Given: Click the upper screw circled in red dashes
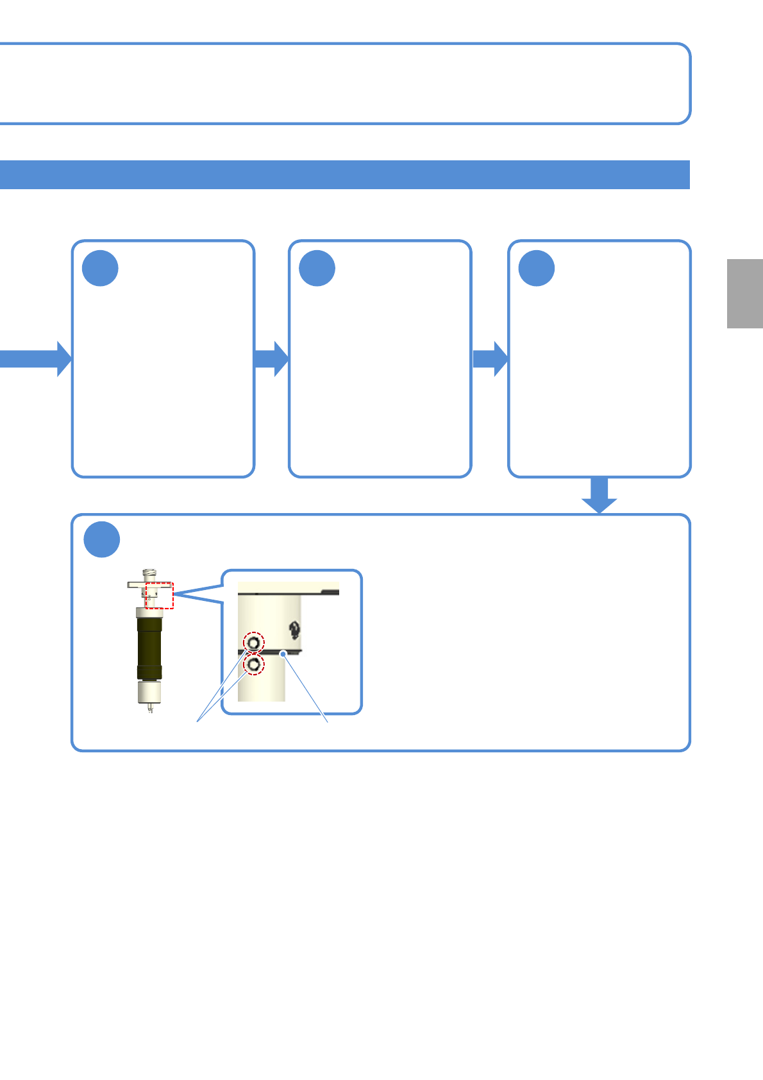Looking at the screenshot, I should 254,642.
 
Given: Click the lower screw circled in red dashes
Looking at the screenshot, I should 255,665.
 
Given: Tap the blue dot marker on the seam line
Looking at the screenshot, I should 283,654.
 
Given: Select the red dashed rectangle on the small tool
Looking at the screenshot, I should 160,595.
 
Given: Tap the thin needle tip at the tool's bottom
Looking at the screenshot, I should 150,708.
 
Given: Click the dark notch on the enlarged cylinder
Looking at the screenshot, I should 294,630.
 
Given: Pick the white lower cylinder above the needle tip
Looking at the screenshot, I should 149,692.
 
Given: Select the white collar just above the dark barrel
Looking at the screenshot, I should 149,611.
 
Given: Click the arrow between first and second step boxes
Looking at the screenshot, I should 272,359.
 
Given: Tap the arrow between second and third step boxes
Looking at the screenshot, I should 491,359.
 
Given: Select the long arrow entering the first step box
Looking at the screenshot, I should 35,359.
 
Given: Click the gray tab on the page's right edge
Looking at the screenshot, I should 744,294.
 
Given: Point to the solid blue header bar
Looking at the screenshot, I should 344,174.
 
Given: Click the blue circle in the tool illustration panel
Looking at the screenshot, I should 102,540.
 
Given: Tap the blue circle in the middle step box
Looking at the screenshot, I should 317,268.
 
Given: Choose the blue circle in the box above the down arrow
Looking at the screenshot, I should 537,268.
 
